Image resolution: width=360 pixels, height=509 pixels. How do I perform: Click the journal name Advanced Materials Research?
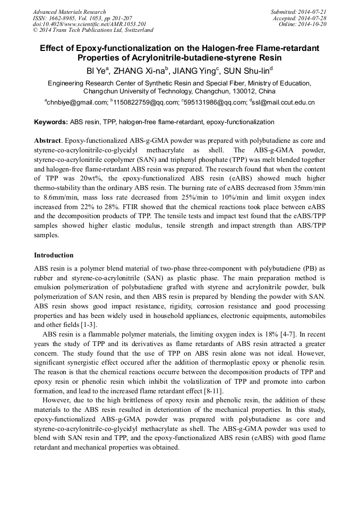pos(69,12)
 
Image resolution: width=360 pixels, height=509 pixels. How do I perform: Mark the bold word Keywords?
pos(50,122)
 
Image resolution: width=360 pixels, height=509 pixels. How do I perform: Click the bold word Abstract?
pos(48,141)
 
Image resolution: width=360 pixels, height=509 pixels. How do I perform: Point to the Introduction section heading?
pos(54,255)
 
